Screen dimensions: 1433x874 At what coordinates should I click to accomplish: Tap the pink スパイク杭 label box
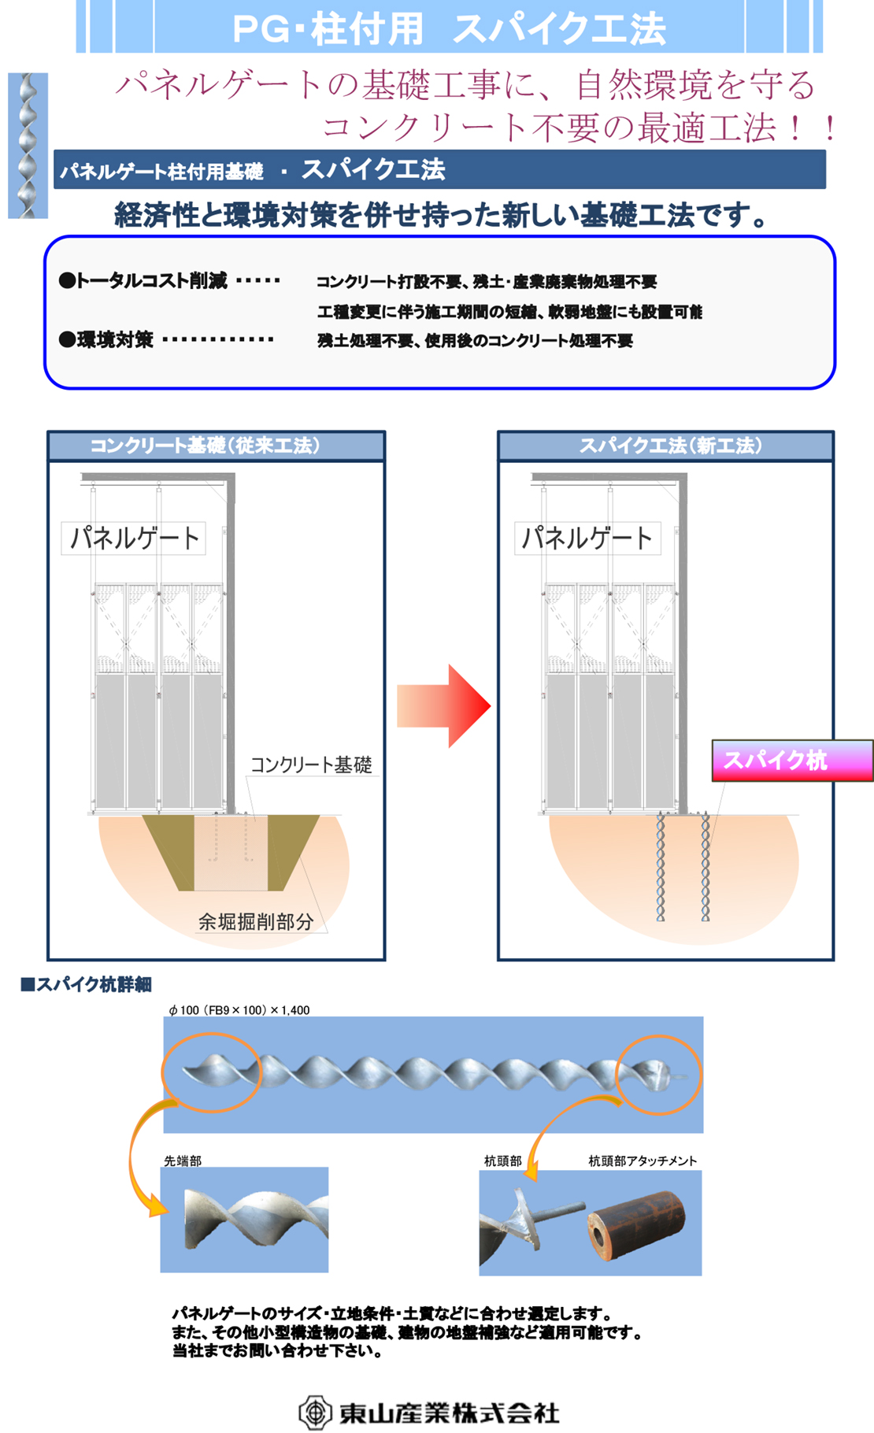tap(791, 761)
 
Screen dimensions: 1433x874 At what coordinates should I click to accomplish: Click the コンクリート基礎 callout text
tap(311, 765)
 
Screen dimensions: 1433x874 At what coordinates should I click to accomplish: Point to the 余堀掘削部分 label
tap(256, 921)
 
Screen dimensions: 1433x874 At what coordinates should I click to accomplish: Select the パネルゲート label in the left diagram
tap(134, 539)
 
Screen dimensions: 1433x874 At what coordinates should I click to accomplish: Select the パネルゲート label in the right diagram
tap(587, 539)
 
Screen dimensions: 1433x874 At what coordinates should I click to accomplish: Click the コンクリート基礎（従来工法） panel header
tap(216, 446)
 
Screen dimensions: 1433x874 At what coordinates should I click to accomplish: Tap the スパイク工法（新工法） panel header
tap(666, 446)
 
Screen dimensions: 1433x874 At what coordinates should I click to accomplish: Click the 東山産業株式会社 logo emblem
tap(315, 1412)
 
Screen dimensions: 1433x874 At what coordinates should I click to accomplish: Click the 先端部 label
tap(183, 1161)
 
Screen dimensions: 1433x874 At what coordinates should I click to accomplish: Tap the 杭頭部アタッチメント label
tap(643, 1161)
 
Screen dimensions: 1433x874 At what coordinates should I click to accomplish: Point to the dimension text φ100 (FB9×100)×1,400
tap(239, 1010)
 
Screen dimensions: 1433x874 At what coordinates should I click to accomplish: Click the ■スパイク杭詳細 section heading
tap(86, 984)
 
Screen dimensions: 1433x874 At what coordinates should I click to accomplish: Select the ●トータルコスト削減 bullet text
tap(143, 280)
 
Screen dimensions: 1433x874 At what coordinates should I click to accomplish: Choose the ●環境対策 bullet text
tap(106, 339)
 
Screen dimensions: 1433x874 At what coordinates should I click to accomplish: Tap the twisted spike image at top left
tap(28, 146)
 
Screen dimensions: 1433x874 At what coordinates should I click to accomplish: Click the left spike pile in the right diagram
tap(661, 866)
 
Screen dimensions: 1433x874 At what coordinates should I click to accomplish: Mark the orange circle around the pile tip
tap(211, 1072)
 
